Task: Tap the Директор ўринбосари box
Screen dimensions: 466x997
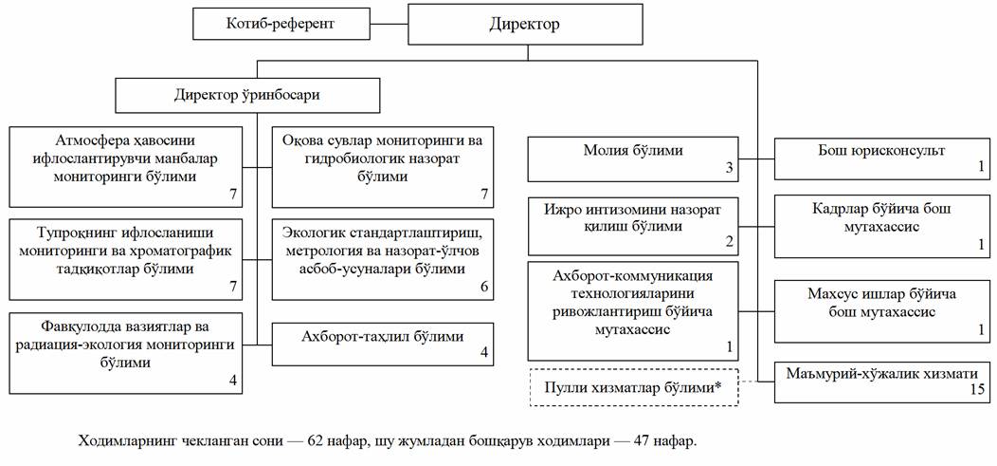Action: (248, 96)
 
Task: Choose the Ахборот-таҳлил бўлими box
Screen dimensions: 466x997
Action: (382, 337)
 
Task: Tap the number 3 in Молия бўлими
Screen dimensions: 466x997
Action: (730, 169)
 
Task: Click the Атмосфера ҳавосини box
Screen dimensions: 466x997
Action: (126, 158)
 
